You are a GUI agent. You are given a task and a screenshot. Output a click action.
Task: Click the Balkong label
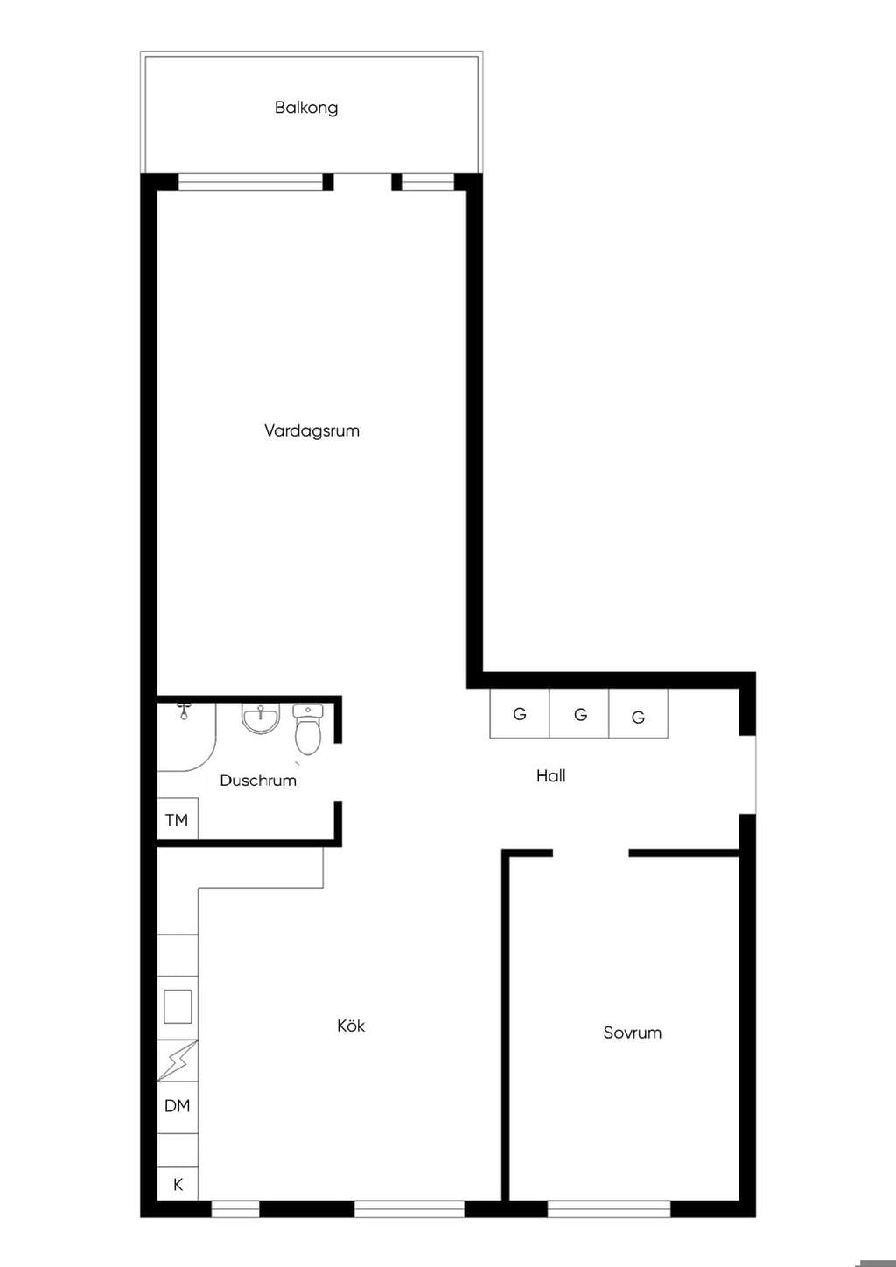point(306,108)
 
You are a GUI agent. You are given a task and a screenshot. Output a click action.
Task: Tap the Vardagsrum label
point(311,430)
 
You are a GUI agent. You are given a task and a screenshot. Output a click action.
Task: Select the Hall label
point(551,775)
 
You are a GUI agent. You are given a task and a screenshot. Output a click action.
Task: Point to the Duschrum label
point(258,780)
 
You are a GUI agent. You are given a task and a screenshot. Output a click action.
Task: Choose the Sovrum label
point(632,1032)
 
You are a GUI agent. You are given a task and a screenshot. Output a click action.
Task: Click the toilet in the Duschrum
point(308,729)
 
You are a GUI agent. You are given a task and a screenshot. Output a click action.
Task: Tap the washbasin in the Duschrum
point(260,719)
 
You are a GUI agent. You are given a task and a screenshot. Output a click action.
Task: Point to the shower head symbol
point(184,710)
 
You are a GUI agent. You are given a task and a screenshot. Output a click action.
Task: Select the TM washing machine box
point(178,818)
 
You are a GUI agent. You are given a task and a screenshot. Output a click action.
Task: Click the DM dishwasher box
point(178,1106)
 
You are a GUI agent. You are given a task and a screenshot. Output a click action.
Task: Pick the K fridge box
point(178,1184)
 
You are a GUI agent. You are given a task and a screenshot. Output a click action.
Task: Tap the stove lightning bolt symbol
point(178,1060)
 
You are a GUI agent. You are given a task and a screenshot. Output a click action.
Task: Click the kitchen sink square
point(178,1006)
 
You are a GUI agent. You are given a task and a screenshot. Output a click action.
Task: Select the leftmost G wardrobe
point(519,713)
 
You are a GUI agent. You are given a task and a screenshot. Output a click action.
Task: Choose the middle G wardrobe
point(579,713)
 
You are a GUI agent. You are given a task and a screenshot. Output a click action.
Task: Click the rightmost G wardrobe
point(639,713)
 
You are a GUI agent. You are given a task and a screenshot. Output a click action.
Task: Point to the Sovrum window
point(609,1208)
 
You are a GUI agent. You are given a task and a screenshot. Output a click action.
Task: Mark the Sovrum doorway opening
point(591,852)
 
